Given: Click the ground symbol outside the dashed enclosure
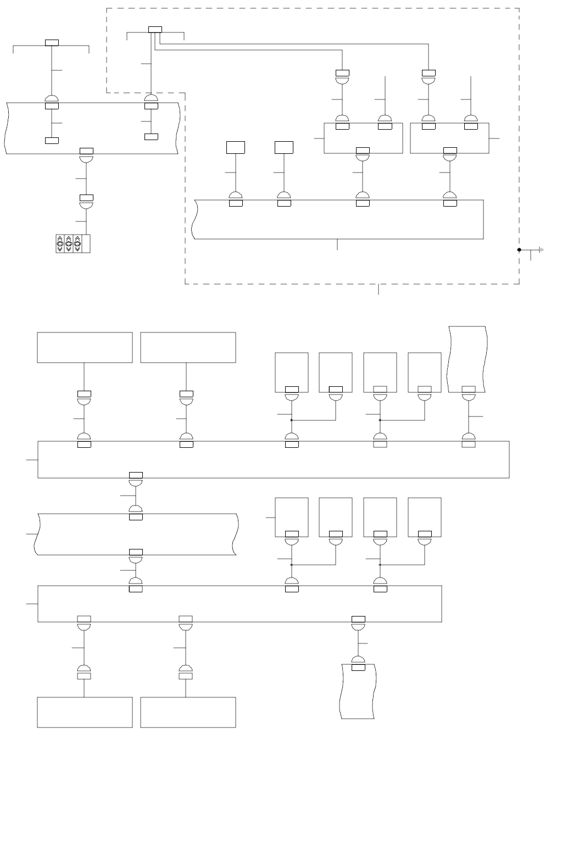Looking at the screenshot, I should (x=541, y=249).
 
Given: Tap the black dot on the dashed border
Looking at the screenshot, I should (x=519, y=249).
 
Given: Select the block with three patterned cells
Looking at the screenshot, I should (x=73, y=243).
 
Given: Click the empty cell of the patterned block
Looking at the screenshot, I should (x=86, y=243).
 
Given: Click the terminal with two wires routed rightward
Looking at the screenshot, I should (x=155, y=30).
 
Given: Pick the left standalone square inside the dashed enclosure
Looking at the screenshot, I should (x=236, y=147).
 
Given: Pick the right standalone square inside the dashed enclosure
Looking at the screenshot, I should (x=284, y=147).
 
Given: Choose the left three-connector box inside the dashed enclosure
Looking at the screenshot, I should (x=363, y=138).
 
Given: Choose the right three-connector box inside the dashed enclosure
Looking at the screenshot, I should (x=449, y=138).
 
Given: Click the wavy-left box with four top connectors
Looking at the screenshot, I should (x=338, y=220).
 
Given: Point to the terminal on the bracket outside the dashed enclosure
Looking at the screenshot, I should (x=52, y=43).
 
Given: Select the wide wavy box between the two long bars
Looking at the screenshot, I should (x=136, y=534).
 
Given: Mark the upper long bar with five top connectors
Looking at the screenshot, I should (x=273, y=459).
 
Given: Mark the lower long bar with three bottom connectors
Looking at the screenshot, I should (x=240, y=603).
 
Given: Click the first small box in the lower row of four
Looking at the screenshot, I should (x=291, y=517).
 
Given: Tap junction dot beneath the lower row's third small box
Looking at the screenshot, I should (x=380, y=564).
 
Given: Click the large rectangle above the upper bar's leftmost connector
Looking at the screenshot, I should (x=85, y=347).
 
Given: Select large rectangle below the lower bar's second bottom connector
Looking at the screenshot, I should (x=188, y=712).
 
